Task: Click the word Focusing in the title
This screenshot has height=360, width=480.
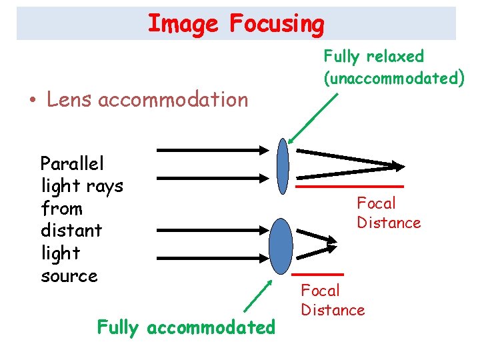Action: pyautogui.click(x=276, y=24)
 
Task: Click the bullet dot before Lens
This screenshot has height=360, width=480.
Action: pyautogui.click(x=31, y=101)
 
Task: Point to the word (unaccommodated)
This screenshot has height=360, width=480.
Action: pyautogui.click(x=393, y=78)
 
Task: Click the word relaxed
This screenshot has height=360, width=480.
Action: pyautogui.click(x=397, y=56)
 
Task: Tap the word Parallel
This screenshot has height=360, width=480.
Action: pyautogui.click(x=72, y=163)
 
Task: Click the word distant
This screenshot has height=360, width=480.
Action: pyautogui.click(x=71, y=231)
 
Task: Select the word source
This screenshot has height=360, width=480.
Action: pyautogui.click(x=69, y=276)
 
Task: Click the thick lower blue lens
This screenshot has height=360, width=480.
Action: pyautogui.click(x=281, y=244)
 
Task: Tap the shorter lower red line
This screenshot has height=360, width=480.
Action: pyautogui.click(x=317, y=274)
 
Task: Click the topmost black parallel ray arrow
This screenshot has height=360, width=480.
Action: pyautogui.click(x=217, y=150)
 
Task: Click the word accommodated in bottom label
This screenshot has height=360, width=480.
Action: pyautogui.click(x=210, y=327)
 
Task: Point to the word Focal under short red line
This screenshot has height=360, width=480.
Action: pyautogui.click(x=321, y=291)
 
